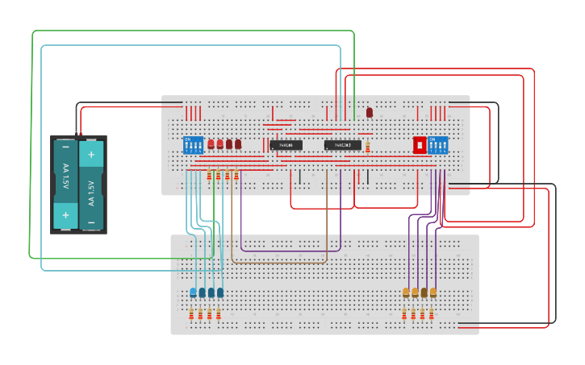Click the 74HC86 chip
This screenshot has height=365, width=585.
pyautogui.click(x=286, y=145)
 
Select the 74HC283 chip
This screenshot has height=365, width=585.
pyautogui.click(x=342, y=145)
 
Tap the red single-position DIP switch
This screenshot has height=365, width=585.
pyautogui.click(x=420, y=145)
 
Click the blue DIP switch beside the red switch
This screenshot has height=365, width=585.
pyautogui.click(x=438, y=145)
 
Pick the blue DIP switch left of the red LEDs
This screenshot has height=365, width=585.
pyautogui.click(x=193, y=145)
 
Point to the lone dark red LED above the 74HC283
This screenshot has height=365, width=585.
pyautogui.click(x=370, y=113)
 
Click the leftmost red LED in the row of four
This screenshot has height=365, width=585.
pyautogui.click(x=211, y=144)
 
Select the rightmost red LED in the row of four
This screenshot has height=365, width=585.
pyautogui.click(x=238, y=144)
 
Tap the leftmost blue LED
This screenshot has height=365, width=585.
pyautogui.click(x=193, y=292)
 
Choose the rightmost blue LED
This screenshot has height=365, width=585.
pyautogui.click(x=220, y=292)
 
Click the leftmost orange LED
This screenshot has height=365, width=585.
pyautogui.click(x=406, y=292)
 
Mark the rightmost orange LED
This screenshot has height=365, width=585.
pyautogui.click(x=433, y=292)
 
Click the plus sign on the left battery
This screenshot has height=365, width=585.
pyautogui.click(x=65, y=214)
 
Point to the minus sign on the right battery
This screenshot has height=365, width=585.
pyautogui.click(x=91, y=222)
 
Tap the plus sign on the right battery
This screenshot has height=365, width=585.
pyautogui.click(x=91, y=154)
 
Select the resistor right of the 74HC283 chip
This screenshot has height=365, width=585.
pyautogui.click(x=368, y=147)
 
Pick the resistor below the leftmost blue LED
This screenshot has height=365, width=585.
pyautogui.click(x=191, y=314)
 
